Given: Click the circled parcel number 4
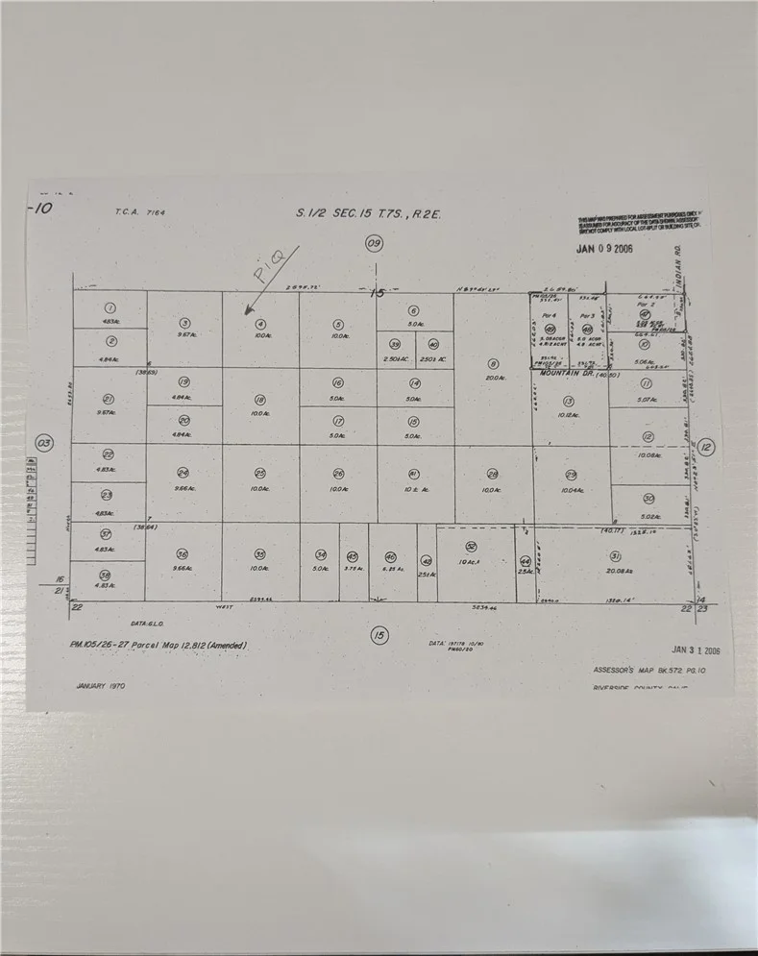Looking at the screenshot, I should (x=260, y=324).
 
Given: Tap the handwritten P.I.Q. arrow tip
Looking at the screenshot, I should (x=247, y=313).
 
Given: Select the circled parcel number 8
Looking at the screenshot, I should (x=493, y=363).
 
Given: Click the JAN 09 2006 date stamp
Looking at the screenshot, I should (x=603, y=248).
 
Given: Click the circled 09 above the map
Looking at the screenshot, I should (x=375, y=244).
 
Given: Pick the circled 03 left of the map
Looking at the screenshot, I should (x=42, y=444).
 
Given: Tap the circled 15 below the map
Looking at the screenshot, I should (x=379, y=634).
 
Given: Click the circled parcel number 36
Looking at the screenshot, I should (x=183, y=554).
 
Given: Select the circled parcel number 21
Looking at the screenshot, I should (x=109, y=399).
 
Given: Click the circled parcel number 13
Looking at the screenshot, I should (x=569, y=401).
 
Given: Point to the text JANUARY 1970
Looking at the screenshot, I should (x=100, y=687).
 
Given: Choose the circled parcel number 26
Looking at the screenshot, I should (x=337, y=474).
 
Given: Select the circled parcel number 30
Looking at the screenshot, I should (x=648, y=498).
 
